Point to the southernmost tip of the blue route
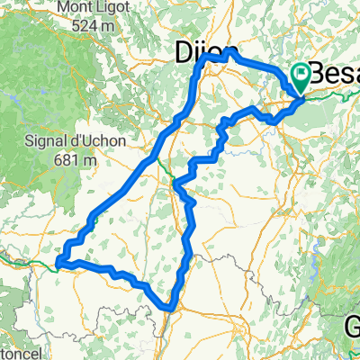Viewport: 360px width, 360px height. click(x=168, y=310)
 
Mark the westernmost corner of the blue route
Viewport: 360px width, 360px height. click(x=58, y=263)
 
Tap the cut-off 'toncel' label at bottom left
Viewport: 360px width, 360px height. click(x=18, y=355)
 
